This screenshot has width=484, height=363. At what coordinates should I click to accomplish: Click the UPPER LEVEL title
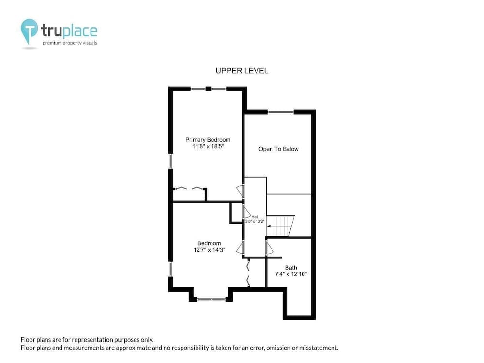(242, 71)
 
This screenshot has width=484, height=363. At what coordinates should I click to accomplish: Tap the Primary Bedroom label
(208, 140)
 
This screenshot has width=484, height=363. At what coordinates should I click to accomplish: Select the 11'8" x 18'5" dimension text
(208, 146)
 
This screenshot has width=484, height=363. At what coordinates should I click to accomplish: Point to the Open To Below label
(278, 149)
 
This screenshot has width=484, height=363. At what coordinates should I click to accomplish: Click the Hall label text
(255, 217)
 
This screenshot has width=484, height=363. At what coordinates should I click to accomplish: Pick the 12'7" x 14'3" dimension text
(209, 250)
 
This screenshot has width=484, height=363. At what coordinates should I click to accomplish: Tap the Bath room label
(291, 268)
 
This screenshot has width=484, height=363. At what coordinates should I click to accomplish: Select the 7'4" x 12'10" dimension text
(291, 274)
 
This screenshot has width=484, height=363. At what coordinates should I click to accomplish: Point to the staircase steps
(280, 226)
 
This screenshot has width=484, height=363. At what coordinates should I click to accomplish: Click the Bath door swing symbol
(270, 248)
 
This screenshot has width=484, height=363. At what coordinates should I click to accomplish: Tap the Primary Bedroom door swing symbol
(241, 191)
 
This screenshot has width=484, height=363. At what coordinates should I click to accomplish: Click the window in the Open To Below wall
(280, 112)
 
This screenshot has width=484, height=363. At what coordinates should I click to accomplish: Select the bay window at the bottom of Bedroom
(212, 299)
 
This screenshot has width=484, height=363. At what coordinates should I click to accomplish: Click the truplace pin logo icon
(30, 31)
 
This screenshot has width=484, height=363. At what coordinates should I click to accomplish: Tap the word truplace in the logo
(69, 31)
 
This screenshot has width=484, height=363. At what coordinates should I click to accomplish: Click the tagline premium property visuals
(70, 43)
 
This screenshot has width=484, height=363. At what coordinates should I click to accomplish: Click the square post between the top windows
(208, 89)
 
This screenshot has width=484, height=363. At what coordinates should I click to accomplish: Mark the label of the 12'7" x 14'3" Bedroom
(209, 243)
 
